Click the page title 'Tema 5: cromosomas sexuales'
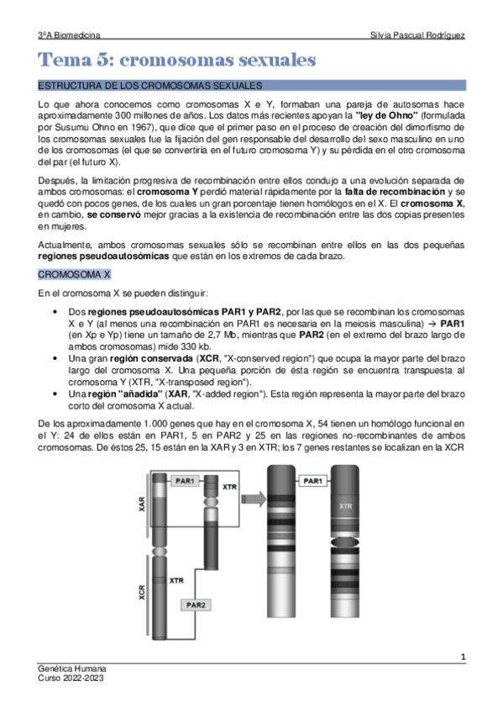(177, 60)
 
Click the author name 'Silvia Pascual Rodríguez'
(417, 35)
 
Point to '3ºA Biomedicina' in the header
(70, 35)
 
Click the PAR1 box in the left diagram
(185, 480)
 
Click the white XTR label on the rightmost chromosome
(345, 507)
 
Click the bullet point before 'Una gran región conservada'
(55, 358)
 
